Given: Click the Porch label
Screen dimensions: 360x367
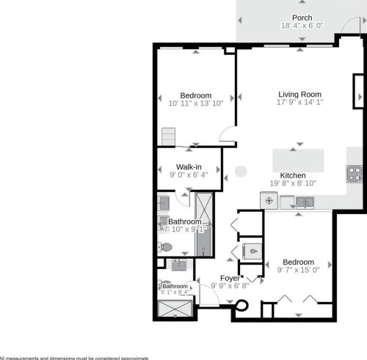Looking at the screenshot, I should click(x=302, y=18).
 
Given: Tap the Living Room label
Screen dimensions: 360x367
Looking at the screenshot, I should click(x=300, y=94).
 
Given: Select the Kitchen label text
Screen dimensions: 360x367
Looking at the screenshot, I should click(x=292, y=175).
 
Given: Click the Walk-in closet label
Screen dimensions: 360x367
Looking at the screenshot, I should click(x=189, y=166).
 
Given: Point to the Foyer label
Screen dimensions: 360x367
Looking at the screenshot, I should click(x=230, y=278).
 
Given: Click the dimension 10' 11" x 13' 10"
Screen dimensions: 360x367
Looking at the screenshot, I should click(x=196, y=104).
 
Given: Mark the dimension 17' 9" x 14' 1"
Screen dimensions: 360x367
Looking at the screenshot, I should click(x=300, y=103).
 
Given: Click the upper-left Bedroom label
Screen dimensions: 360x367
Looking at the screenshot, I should click(x=196, y=95).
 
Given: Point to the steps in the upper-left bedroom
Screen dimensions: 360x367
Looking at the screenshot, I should click(x=170, y=136).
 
